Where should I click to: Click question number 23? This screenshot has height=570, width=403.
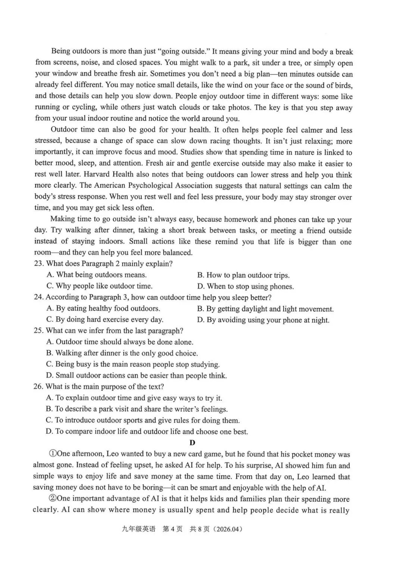[38, 264]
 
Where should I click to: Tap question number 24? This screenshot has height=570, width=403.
[38, 297]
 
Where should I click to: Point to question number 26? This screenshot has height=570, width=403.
[38, 387]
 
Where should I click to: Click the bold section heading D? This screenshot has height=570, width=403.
[193, 443]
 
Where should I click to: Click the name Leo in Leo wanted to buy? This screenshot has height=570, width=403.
[113, 454]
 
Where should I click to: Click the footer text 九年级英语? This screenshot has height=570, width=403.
[138, 529]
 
